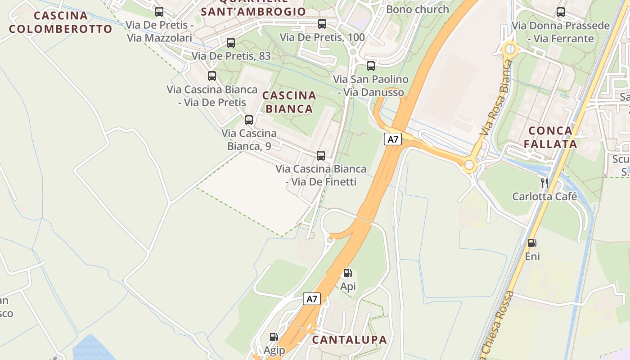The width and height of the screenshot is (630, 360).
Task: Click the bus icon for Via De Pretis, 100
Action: click(322, 24)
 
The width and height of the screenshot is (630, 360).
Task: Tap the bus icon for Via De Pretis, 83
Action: click(231, 43)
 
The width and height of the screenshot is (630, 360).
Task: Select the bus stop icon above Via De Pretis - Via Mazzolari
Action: click(159, 12)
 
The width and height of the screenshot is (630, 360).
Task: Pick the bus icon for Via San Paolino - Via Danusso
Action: click(371, 66)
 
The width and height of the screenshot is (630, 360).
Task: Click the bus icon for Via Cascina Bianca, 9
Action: click(249, 120)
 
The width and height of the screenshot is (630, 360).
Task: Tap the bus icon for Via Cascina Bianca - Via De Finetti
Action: click(321, 156)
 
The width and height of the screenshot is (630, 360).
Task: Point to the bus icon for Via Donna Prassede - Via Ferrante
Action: click(561, 12)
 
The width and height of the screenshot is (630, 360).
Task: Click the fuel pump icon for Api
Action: click(347, 273)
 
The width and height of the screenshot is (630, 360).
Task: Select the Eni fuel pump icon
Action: click(532, 243)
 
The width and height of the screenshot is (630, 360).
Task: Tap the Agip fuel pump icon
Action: click(274, 337)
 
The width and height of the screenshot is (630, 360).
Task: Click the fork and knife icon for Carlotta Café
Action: click(544, 183)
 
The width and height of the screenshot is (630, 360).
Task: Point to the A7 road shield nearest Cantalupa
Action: click(312, 299)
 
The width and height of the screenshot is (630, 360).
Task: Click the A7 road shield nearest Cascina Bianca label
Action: click(393, 139)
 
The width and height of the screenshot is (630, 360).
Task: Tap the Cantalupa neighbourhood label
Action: click(349, 340)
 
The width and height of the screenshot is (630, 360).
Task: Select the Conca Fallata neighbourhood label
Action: click(553, 137)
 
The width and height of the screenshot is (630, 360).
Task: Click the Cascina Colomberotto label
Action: click(60, 22)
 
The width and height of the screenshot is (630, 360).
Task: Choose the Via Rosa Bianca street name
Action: click(496, 98)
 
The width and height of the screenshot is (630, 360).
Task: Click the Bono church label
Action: click(418, 9)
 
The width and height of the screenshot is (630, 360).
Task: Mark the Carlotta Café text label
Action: click(544, 196)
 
